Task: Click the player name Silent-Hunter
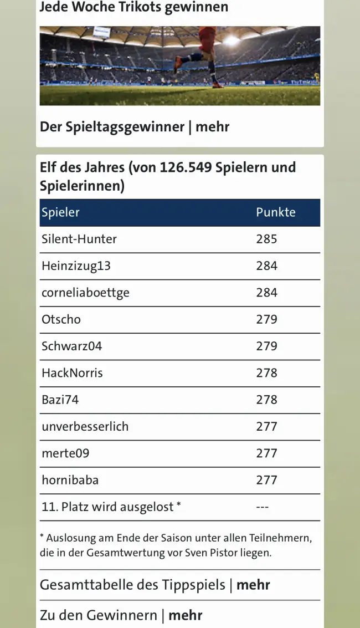pyautogui.click(x=79, y=239)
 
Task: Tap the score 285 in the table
pyautogui.click(x=266, y=239)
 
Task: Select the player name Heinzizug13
pyautogui.click(x=76, y=266)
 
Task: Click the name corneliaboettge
pyautogui.click(x=85, y=293)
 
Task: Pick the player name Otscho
pyautogui.click(x=61, y=319)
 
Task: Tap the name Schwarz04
pyautogui.click(x=71, y=346)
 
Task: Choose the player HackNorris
pyautogui.click(x=72, y=373)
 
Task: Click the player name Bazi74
pyautogui.click(x=60, y=400)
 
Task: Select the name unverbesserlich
pyautogui.click(x=85, y=426)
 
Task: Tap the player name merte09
pyautogui.click(x=65, y=453)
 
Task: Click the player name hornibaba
pyautogui.click(x=70, y=480)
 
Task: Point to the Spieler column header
pyautogui.click(x=60, y=212)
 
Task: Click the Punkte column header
pyautogui.click(x=275, y=212)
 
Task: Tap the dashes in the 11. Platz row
pyautogui.click(x=263, y=507)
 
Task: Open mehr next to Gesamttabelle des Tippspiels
pyautogui.click(x=253, y=585)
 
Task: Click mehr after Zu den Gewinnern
pyautogui.click(x=185, y=615)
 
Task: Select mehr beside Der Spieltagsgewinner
pyautogui.click(x=212, y=126)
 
